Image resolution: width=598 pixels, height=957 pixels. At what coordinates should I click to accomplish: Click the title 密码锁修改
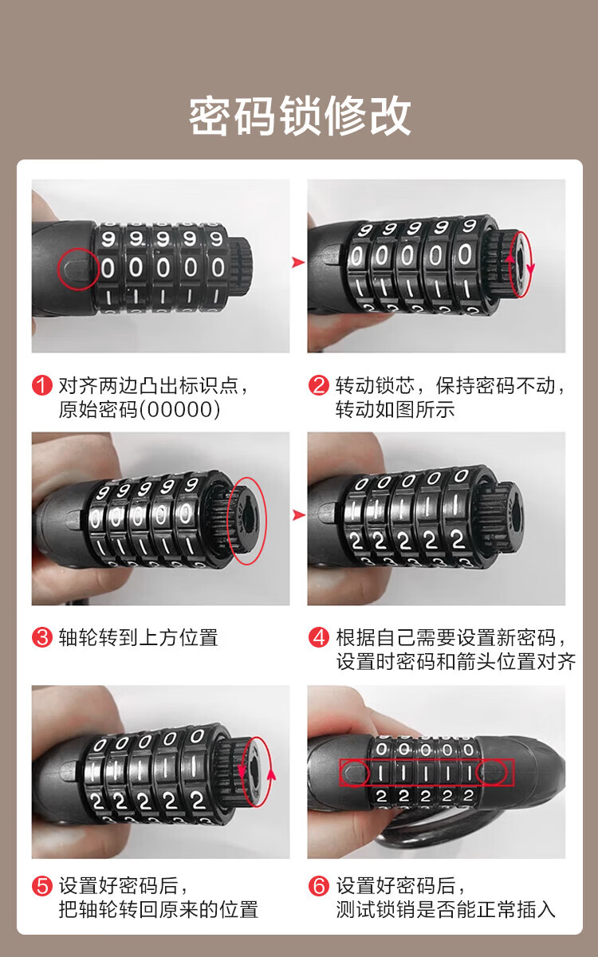click(300, 116)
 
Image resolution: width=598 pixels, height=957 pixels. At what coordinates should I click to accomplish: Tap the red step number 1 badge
click(41, 385)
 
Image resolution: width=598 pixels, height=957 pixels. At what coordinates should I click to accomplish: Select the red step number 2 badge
click(319, 385)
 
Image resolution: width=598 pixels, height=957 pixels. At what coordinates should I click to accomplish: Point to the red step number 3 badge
click(41, 637)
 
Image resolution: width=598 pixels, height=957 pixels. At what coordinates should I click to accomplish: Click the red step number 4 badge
click(319, 637)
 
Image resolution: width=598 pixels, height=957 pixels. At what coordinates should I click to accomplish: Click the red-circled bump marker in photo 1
click(78, 269)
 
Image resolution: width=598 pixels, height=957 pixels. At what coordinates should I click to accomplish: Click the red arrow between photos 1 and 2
click(298, 262)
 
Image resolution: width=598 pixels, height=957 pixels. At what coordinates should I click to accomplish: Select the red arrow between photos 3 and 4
click(298, 515)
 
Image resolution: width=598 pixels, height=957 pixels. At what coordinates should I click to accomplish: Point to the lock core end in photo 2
click(519, 264)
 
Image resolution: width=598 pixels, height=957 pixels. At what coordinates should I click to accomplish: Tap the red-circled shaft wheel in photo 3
click(247, 520)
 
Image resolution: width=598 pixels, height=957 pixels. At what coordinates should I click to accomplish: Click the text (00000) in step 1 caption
click(180, 409)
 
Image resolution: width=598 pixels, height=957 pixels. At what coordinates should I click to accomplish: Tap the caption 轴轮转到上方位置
click(139, 637)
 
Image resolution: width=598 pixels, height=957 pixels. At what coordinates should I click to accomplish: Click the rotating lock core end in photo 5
click(256, 772)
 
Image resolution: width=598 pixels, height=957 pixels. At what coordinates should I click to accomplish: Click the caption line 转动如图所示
click(395, 409)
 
